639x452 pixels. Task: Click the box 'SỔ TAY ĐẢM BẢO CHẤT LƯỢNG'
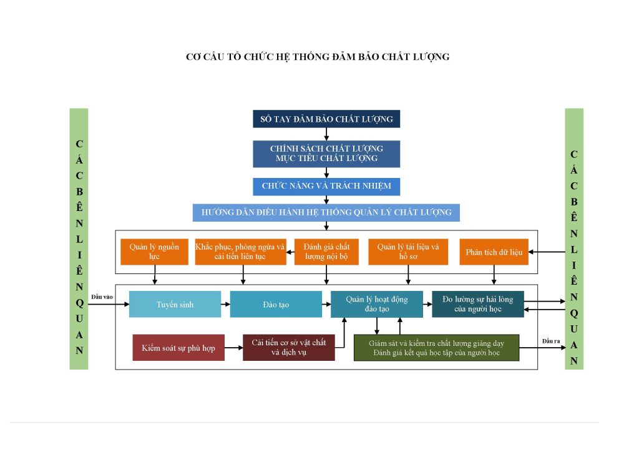[x=326, y=119]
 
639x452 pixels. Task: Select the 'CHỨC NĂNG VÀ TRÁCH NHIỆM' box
[x=326, y=186]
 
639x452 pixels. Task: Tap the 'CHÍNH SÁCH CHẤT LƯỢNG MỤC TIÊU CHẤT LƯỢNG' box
[x=326, y=154]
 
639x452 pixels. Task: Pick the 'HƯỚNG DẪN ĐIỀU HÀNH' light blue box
[x=326, y=212]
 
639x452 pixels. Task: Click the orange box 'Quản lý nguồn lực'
[x=155, y=252]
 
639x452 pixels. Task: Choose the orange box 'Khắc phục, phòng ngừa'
[x=240, y=252]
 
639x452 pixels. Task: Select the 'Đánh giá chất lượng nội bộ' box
[x=326, y=252]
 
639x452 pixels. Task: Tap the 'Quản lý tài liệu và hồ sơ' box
[x=408, y=252]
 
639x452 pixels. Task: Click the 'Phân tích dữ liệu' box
[x=494, y=252]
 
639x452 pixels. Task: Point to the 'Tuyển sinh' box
[x=175, y=304]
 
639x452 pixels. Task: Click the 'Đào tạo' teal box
[x=276, y=304]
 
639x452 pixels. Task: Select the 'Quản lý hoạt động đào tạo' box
[x=377, y=304]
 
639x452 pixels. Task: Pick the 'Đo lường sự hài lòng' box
[x=478, y=304]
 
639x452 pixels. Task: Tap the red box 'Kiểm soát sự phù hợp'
[x=178, y=348]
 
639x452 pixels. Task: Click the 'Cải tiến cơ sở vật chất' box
[x=289, y=348]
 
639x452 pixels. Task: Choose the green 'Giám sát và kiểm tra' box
[x=436, y=348]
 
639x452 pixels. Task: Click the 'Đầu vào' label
[x=102, y=297]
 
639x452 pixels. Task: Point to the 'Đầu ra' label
[x=551, y=341]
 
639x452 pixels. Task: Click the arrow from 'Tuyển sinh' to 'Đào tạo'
[x=226, y=304]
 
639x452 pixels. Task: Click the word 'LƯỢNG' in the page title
[x=431, y=57]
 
